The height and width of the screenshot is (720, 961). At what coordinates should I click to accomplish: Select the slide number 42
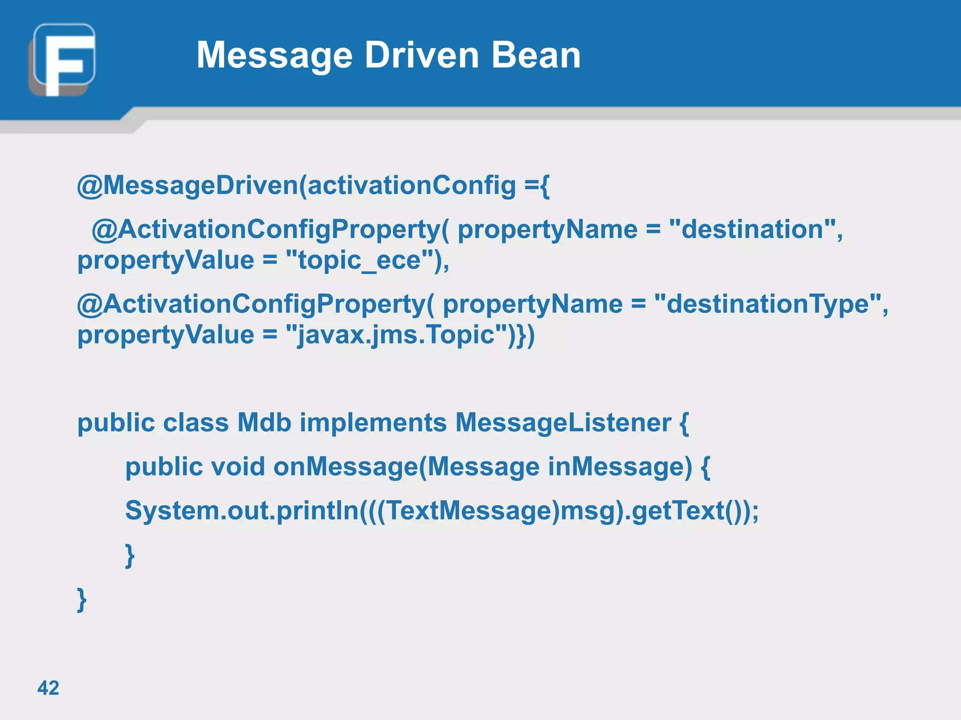48,688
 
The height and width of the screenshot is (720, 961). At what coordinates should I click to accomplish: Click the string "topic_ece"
360,260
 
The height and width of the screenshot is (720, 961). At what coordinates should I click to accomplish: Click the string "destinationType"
768,304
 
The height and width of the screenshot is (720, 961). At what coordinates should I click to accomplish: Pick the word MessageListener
563,423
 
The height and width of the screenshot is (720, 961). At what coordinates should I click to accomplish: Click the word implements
373,423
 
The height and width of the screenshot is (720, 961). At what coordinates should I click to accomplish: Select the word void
238,467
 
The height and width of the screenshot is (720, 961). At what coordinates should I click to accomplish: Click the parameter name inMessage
619,467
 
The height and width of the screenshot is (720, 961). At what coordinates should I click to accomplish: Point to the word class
196,423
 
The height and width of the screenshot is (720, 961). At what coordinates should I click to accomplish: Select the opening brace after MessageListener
684,423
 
